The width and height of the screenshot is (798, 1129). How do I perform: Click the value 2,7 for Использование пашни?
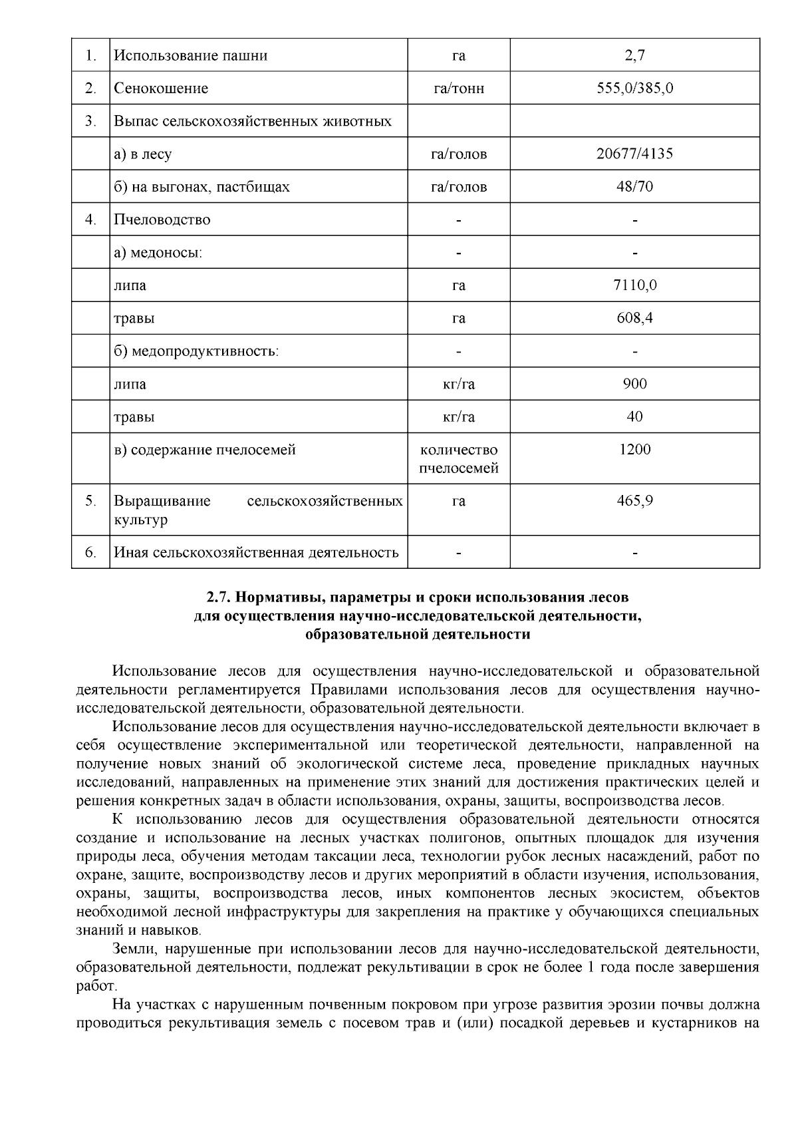tap(634, 55)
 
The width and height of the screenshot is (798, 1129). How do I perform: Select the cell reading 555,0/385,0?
tap(634, 88)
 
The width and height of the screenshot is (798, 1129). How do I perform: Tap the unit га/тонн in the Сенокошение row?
tap(458, 88)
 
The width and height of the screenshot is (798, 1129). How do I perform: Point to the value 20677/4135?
tap(634, 154)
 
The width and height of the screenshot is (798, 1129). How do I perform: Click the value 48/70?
tap(634, 186)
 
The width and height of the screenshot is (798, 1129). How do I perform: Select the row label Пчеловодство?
tap(162, 220)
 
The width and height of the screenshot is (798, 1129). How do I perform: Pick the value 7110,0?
tap(634, 285)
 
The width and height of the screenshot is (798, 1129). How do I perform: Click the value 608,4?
tap(634, 318)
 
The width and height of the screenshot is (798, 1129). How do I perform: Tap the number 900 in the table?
tap(634, 383)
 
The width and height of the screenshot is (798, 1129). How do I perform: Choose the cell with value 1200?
tap(634, 450)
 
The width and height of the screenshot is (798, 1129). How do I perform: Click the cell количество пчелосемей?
tap(458, 459)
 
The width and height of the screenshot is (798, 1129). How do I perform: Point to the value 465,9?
tap(634, 500)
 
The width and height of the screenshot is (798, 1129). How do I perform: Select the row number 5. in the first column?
tap(90, 500)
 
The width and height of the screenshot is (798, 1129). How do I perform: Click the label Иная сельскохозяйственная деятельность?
tap(256, 552)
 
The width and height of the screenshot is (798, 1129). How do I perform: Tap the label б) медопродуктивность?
tap(196, 351)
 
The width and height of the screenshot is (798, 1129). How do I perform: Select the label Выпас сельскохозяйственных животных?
tap(253, 121)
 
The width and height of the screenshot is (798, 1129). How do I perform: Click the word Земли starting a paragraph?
tap(136, 948)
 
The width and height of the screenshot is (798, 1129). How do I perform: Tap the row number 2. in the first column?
tap(90, 88)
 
